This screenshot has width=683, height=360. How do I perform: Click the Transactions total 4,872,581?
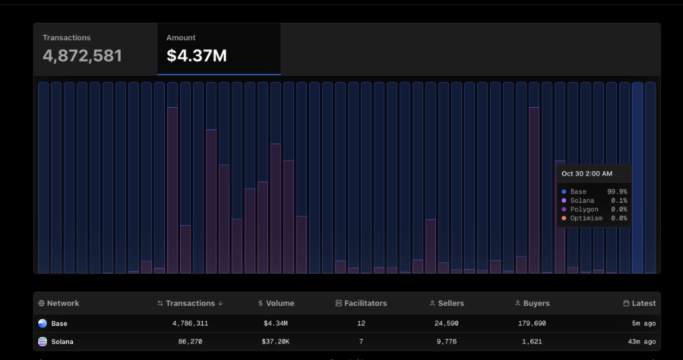click(82, 56)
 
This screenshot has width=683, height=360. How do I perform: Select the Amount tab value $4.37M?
click(197, 56)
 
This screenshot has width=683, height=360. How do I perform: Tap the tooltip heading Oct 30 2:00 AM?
click(587, 173)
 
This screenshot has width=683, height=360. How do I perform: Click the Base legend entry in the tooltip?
click(578, 192)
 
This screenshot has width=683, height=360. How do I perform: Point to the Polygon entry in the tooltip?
click(584, 209)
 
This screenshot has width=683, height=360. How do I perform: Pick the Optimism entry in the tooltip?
click(586, 218)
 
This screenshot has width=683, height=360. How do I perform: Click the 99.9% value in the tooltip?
click(617, 192)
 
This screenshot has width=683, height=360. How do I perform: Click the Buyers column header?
click(536, 303)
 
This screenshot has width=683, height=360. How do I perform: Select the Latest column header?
click(643, 303)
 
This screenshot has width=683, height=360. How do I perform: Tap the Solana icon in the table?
click(43, 341)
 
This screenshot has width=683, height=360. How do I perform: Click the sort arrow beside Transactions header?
click(221, 303)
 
